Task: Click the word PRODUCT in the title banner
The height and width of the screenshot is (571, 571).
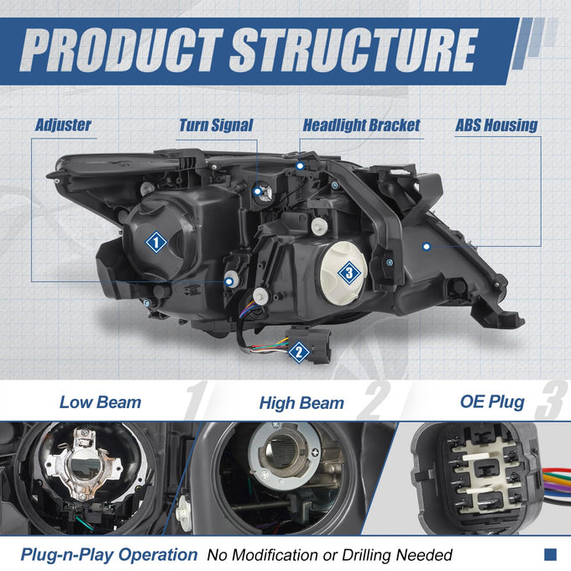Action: tap(121, 50)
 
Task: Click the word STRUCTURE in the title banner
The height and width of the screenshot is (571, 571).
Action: tap(354, 50)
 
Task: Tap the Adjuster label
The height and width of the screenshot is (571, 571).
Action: tap(63, 125)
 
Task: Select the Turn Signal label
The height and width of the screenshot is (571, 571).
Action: tap(216, 126)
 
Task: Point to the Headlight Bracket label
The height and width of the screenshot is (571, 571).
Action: tap(362, 126)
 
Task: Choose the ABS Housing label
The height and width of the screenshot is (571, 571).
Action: tap(496, 126)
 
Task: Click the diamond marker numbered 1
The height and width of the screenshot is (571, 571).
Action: tap(156, 242)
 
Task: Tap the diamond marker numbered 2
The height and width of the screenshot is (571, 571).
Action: tap(299, 352)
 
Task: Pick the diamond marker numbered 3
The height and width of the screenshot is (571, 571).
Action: tap(349, 272)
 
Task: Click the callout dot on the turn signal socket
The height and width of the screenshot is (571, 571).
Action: tap(258, 191)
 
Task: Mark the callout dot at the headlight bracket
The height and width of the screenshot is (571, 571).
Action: tap(300, 166)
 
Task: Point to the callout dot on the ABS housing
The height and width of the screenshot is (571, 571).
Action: tap(427, 247)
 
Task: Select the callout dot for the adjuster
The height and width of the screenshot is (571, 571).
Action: tap(228, 281)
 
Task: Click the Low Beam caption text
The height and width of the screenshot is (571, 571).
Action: tap(100, 403)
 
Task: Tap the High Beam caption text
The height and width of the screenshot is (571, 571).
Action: tap(301, 404)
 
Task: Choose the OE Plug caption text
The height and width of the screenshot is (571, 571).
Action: tap(492, 402)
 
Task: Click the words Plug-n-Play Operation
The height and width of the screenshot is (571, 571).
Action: tap(109, 555)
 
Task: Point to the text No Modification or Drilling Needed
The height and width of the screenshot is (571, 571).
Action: tap(329, 555)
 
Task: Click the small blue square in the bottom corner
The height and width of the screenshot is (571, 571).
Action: tap(550, 554)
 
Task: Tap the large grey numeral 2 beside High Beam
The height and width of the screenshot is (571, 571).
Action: tap(374, 401)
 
